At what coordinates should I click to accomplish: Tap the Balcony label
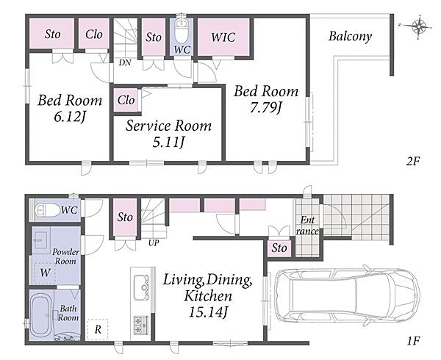click(x=350, y=36)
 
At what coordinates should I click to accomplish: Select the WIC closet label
click(x=223, y=37)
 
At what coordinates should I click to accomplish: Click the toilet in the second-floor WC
click(x=182, y=32)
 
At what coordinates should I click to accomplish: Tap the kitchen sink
click(x=141, y=287)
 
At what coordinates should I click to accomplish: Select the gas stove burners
click(x=140, y=325)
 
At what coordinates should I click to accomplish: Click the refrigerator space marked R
click(x=97, y=329)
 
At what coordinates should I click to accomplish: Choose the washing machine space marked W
click(x=45, y=273)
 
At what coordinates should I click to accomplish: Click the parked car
click(x=347, y=295)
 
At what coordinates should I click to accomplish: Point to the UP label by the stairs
click(x=154, y=242)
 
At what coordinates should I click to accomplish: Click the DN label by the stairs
click(x=125, y=62)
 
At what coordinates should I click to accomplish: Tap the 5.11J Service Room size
click(x=168, y=143)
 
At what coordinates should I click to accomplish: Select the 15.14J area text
click(x=208, y=312)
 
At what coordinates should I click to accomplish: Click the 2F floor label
click(x=413, y=162)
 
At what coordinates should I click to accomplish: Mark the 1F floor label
click(x=413, y=341)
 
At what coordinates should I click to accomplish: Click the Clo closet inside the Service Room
click(x=126, y=100)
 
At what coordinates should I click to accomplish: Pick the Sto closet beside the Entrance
click(x=279, y=248)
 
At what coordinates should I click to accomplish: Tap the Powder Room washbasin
click(x=40, y=240)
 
